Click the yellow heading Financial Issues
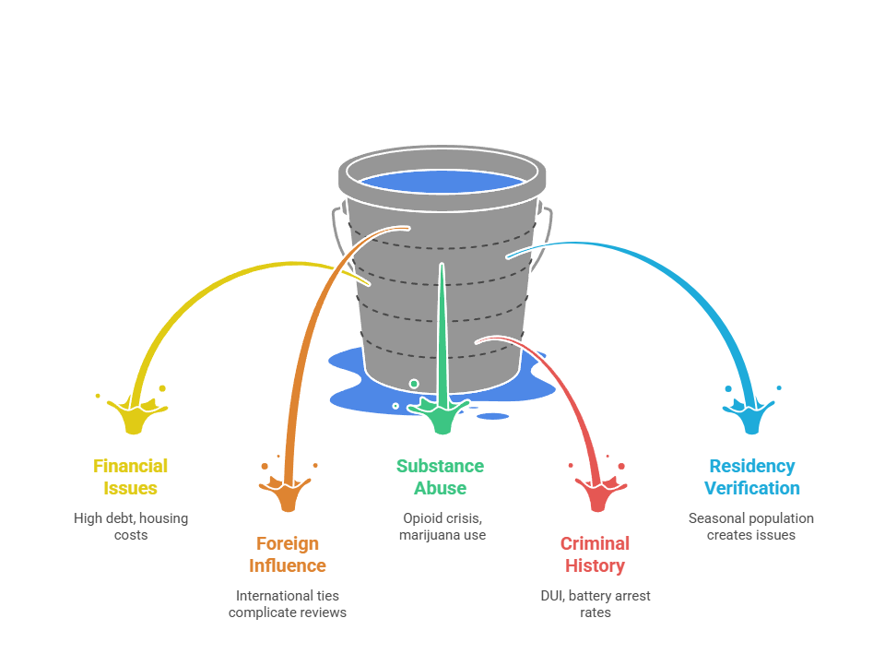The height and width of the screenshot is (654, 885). tap(131, 477)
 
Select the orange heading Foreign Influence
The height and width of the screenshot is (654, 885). tap(288, 554)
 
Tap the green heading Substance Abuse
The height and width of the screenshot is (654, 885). tap(440, 477)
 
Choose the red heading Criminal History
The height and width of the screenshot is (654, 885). tap(595, 554)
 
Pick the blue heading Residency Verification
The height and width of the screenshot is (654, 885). tap(751, 477)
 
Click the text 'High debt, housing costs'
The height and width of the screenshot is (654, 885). tap(131, 526)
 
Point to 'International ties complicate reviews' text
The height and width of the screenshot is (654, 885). tap(288, 603)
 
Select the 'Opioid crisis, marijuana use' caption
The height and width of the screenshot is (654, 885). tap(442, 526)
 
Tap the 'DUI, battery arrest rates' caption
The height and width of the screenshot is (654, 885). tap(596, 603)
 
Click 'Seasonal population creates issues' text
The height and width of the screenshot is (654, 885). tap(751, 526)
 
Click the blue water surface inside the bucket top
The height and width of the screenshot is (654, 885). tap(442, 181)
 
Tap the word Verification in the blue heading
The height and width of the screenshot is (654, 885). tap(751, 488)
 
